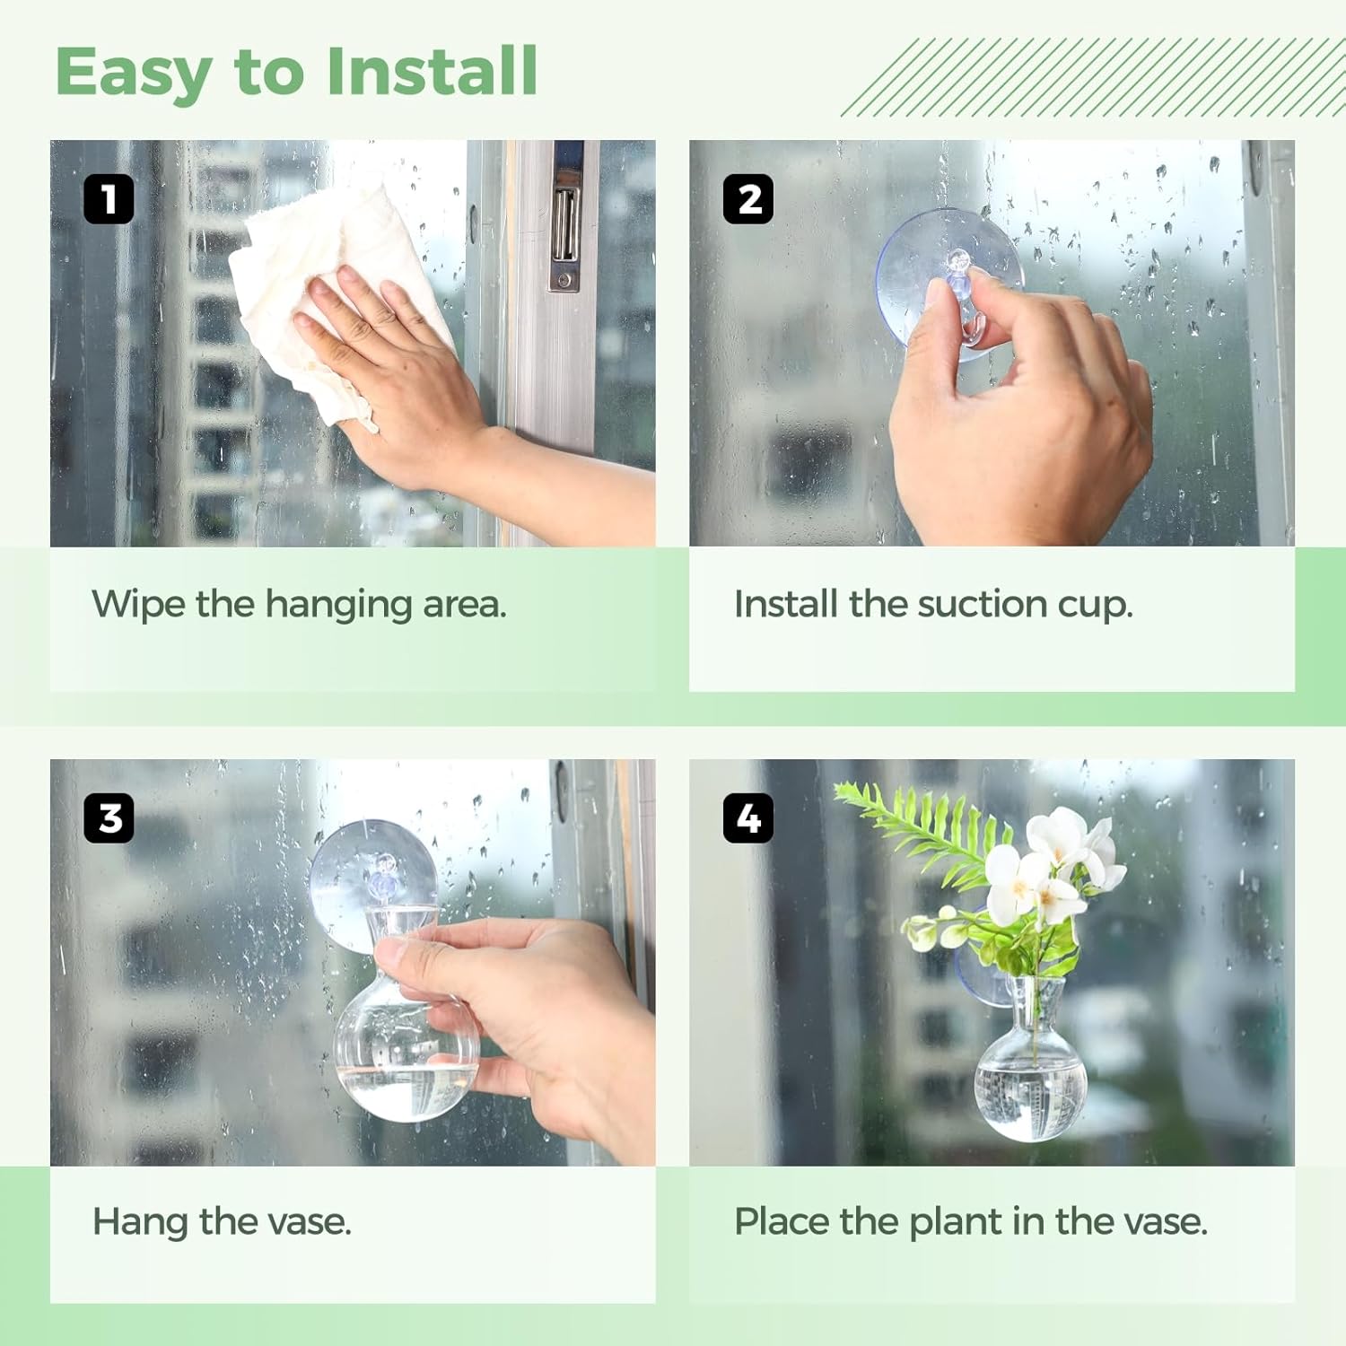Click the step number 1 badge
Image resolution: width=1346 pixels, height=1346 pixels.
(109, 198)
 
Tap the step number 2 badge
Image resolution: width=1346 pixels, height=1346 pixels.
(748, 198)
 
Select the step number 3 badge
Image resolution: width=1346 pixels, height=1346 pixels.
(109, 817)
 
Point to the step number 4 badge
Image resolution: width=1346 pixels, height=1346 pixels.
(748, 817)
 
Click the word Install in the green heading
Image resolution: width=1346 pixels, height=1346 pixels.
(432, 72)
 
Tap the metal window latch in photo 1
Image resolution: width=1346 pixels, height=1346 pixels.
(565, 224)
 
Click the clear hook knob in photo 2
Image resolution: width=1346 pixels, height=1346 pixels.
(958, 262)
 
